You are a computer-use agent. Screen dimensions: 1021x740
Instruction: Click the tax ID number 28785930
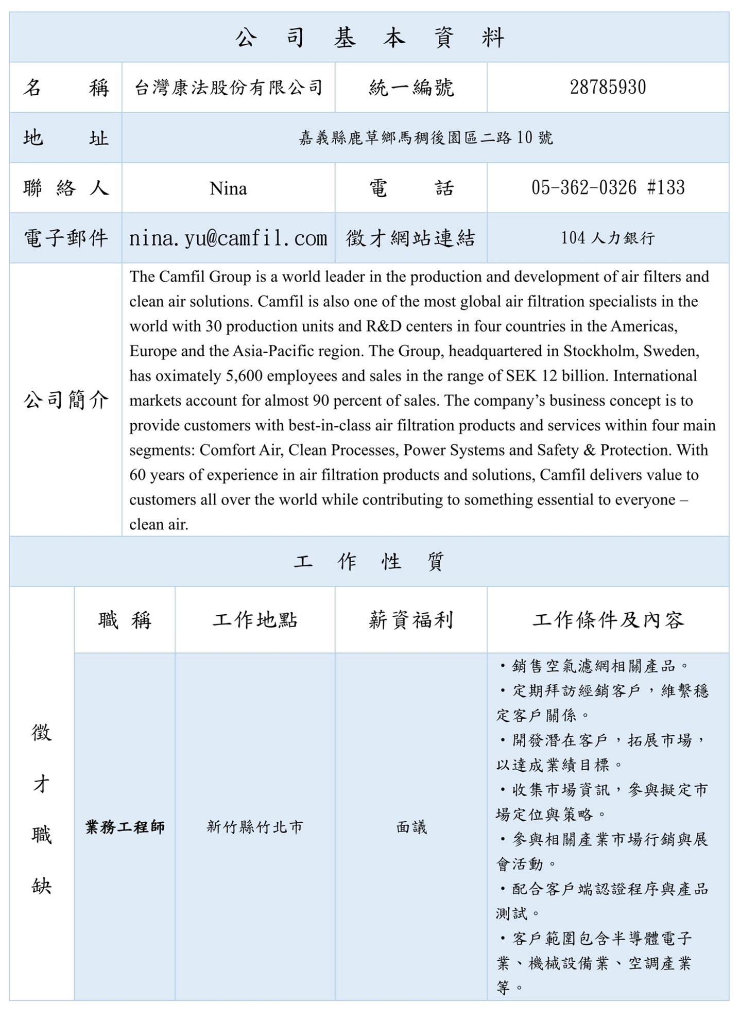608,87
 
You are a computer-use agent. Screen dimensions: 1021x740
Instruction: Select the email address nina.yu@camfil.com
228,238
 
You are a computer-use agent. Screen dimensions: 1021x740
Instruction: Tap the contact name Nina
228,188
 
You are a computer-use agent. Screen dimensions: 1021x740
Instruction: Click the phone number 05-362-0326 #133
608,188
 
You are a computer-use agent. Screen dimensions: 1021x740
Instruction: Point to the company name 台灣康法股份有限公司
228,88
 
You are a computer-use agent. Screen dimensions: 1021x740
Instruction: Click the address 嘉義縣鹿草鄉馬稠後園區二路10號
425,138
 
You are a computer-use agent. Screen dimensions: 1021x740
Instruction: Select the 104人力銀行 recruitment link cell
608,238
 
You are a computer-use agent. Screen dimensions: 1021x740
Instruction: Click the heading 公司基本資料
369,38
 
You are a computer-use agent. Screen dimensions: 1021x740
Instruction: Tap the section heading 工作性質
369,561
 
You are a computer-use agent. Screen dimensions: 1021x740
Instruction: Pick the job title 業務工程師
125,827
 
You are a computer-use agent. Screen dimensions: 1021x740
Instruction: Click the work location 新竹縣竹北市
255,827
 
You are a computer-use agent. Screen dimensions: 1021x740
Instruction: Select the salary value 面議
411,827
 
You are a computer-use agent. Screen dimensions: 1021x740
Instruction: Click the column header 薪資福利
411,620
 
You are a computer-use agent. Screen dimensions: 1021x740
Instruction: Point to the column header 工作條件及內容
608,620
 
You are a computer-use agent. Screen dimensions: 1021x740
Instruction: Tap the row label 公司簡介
66,400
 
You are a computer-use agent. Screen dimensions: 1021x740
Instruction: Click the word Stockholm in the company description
595,351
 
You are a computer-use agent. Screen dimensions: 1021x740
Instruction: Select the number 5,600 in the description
244,376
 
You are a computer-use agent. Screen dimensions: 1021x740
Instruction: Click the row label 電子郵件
66,238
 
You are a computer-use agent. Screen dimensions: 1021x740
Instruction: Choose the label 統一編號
411,88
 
